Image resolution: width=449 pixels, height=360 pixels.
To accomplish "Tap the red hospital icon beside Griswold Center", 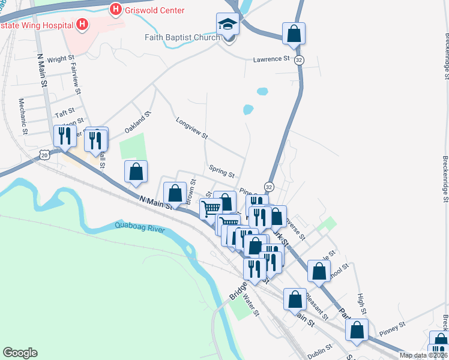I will [114, 10].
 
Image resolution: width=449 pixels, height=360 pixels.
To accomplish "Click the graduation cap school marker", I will [228, 25].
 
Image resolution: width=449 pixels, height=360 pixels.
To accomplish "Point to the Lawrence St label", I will [271, 59].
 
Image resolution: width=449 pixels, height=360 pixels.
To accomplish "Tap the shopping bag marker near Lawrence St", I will [294, 34].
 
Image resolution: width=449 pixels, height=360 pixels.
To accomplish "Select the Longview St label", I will [191, 129].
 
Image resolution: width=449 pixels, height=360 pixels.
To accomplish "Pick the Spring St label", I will [221, 172].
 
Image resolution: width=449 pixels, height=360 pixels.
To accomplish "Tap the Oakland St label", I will [138, 122].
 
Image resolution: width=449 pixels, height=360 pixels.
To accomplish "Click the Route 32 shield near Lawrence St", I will [299, 59].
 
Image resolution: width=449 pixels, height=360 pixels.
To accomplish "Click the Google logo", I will [20, 353].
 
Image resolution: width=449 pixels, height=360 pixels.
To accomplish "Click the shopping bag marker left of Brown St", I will [175, 193].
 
